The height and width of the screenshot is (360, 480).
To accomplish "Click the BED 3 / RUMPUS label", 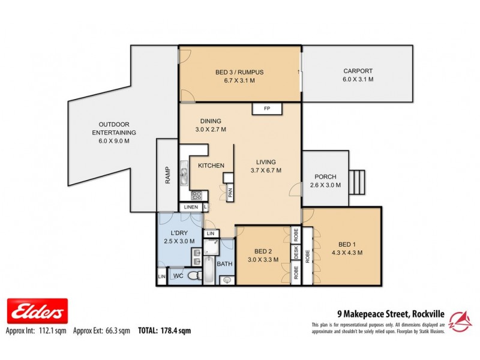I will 239,73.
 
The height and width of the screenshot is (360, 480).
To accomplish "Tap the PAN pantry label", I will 230,193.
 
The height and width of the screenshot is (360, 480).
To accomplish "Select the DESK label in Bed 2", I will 296,254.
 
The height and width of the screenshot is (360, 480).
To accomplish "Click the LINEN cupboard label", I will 191,208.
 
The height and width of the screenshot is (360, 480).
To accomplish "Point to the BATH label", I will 224,263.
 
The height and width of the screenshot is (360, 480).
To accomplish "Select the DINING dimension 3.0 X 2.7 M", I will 211,129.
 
